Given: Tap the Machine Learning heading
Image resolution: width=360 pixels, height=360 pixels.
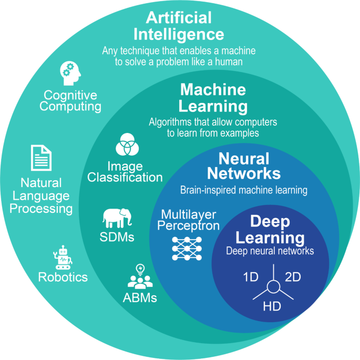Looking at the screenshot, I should (212, 98).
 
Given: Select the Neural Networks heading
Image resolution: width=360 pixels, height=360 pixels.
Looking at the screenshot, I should (243, 166).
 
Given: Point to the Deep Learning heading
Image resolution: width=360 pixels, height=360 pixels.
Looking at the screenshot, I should (270, 230).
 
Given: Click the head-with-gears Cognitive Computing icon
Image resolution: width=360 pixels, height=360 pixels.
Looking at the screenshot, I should (70, 73).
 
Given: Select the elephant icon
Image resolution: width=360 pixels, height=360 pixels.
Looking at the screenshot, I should (117, 218).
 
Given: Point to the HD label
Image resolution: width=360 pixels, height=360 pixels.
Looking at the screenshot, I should (271, 305).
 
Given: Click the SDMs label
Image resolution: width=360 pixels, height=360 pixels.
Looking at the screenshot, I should (117, 236).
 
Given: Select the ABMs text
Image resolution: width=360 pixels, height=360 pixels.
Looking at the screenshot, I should (139, 297).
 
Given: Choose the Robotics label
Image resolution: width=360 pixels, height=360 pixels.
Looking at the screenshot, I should (63, 277).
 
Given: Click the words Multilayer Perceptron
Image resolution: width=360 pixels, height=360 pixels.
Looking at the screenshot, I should (188, 221).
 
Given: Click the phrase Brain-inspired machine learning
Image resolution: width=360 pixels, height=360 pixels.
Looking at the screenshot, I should (243, 190).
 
